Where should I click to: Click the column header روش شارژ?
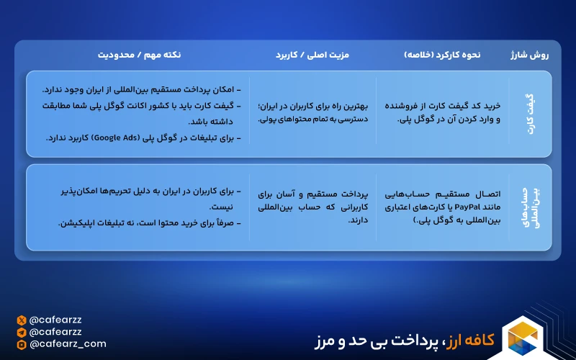(529, 55)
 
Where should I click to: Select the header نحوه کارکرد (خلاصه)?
(442, 55)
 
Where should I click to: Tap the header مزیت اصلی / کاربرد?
(312, 55)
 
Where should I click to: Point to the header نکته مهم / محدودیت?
(139, 55)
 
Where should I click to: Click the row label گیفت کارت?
(531, 114)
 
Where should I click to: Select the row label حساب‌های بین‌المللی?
(530, 207)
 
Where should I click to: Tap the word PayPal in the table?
(467, 207)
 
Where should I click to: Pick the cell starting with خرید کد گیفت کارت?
(443, 112)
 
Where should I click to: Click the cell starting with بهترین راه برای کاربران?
(313, 112)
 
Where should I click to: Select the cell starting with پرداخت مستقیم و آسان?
(313, 207)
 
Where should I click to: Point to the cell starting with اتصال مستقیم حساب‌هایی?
(443, 207)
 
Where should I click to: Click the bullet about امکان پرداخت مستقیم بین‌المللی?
(141, 90)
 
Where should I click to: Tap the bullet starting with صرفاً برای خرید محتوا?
(150, 223)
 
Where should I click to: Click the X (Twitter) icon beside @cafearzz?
(22, 320)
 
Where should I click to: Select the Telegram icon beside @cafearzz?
(22, 333)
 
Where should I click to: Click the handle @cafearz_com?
(68, 344)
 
